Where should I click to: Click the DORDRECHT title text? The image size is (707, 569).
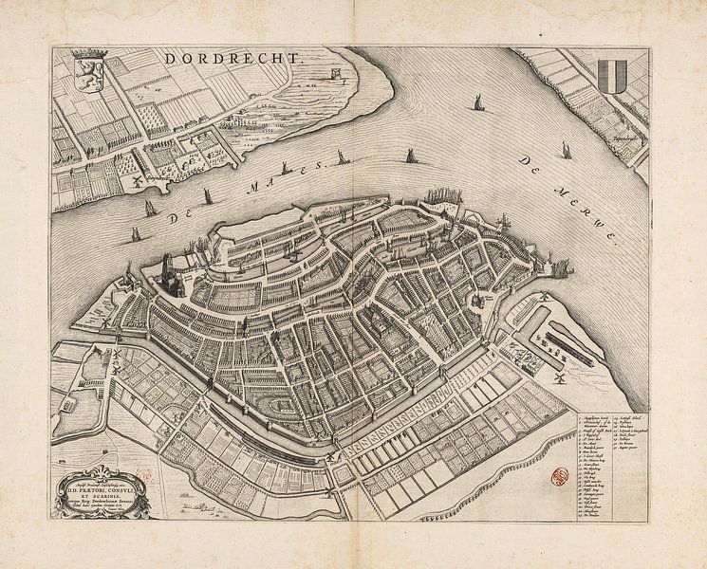[233, 58]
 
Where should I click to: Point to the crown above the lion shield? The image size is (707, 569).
[89, 54]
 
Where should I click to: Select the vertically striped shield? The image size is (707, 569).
[614, 73]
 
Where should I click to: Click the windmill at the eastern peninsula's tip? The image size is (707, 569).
[546, 297]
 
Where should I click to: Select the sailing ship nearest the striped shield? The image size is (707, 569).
[566, 150]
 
